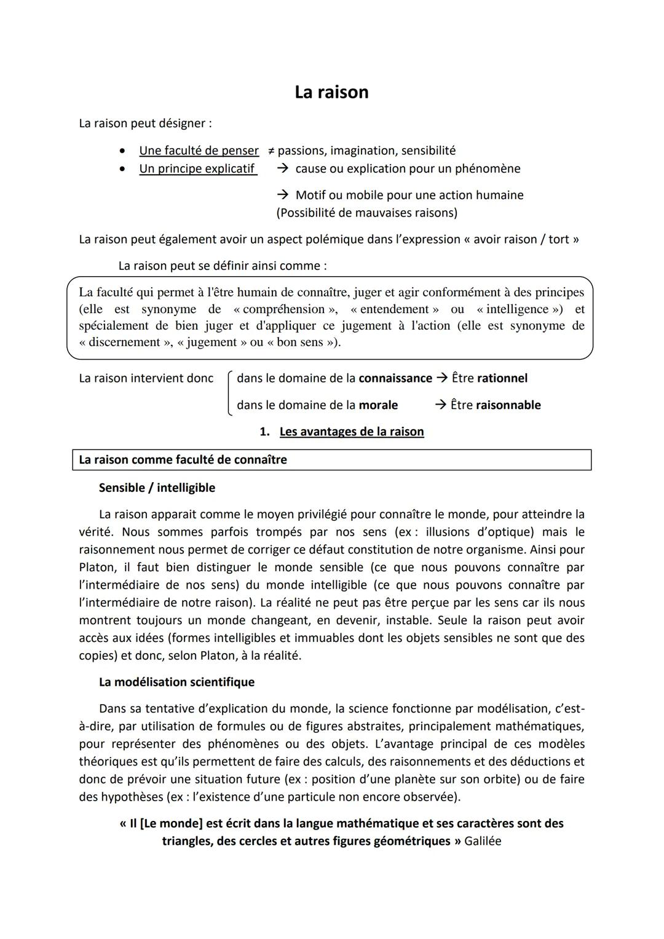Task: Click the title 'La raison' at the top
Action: click(x=331, y=92)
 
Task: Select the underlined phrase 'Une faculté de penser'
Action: click(x=199, y=151)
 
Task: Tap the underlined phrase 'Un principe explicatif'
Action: click(x=197, y=168)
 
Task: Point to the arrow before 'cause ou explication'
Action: click(x=283, y=168)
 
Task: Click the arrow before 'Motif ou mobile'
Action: click(x=283, y=195)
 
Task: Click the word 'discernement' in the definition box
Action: click(x=126, y=342)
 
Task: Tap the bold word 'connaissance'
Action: click(x=395, y=378)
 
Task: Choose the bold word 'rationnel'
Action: click(x=502, y=378)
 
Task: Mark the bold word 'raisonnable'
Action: click(x=508, y=405)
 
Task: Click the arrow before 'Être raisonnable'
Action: click(x=440, y=405)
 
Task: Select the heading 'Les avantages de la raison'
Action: click(x=352, y=432)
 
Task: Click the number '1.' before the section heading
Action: click(x=265, y=432)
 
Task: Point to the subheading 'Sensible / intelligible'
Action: click(x=157, y=488)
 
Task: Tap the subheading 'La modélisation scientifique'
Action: click(x=176, y=682)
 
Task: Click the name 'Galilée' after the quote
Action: click(x=483, y=841)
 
